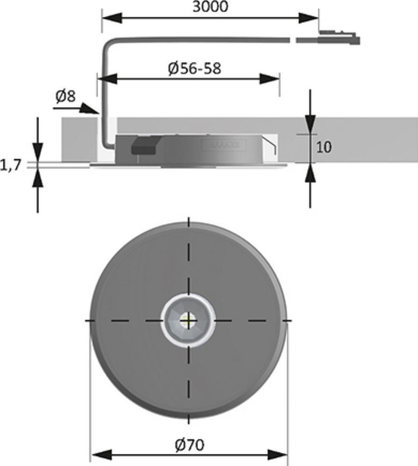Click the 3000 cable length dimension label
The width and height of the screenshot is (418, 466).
[x=210, y=7]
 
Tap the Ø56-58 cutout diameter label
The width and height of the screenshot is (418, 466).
[x=195, y=69]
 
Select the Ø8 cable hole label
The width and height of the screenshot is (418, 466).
[x=66, y=96]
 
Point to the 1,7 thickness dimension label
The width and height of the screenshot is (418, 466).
[x=11, y=165]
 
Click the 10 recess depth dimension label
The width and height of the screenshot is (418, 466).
[x=324, y=147]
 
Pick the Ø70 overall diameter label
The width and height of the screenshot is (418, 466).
[x=190, y=445]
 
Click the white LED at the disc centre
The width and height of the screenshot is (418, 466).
[x=188, y=320]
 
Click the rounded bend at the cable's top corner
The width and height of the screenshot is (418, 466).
[x=108, y=43]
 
